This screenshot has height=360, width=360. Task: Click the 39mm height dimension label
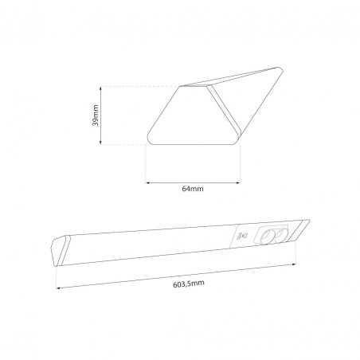point(96,115)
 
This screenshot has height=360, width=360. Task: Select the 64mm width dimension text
point(193,189)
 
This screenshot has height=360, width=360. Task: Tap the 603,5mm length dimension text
point(189,284)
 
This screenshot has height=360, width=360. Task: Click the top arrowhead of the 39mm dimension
point(100,88)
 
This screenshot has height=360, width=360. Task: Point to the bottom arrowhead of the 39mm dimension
point(100,143)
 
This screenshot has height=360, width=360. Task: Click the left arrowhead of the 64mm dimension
point(147,182)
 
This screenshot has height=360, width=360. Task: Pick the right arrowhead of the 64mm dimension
point(238,182)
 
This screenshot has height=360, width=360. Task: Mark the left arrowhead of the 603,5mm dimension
point(58,288)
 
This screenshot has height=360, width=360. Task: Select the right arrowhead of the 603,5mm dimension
point(294,264)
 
